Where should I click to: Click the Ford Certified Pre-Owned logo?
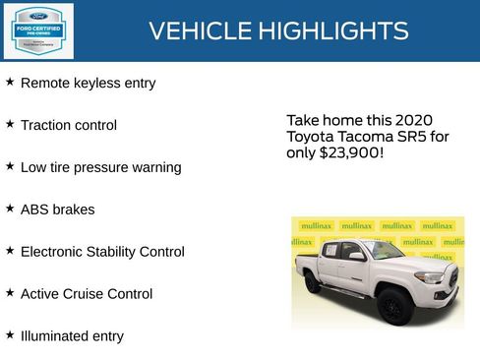[38, 31]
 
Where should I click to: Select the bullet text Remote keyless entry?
[88, 84]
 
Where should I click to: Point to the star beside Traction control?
[10, 124]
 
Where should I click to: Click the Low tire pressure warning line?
[100, 168]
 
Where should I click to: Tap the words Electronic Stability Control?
[102, 253]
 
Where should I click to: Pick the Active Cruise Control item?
[87, 294]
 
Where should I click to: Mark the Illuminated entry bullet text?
[72, 336]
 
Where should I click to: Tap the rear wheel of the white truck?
[312, 284]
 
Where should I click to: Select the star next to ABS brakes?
[10, 209]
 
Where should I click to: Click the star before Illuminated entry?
[10, 334]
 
